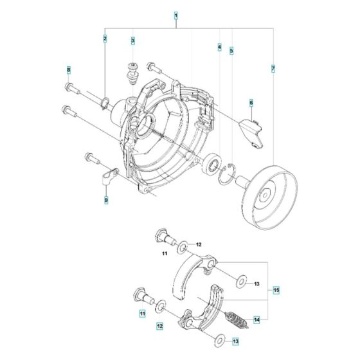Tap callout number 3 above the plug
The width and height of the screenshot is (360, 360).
tap(132, 41)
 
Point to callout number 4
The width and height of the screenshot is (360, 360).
tap(219, 48)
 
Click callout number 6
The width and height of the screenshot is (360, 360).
tap(251, 103)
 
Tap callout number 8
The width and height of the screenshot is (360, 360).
tap(68, 69)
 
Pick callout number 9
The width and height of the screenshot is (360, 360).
tap(106, 201)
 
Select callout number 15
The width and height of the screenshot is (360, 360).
tap(276, 290)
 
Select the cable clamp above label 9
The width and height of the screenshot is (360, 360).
tap(109, 174)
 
